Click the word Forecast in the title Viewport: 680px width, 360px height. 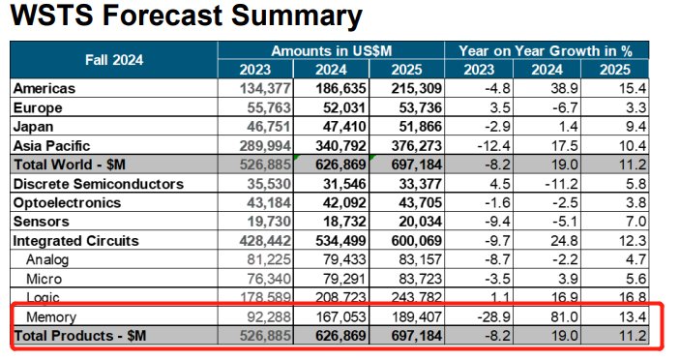pyautogui.click(x=163, y=15)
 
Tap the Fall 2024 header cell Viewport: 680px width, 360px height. pyautogui.click(x=114, y=60)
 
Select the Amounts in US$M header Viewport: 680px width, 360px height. pyautogui.click(x=332, y=50)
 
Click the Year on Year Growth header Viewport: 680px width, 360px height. pyautogui.click(x=546, y=50)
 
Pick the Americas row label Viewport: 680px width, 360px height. pyautogui.click(x=44, y=88)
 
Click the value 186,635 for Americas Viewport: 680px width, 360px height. pyautogui.click(x=340, y=88)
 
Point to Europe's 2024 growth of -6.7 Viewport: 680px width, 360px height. pyautogui.click(x=564, y=107)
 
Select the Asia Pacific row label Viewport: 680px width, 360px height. pyautogui.click(x=51, y=146)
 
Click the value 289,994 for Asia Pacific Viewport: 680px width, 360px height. pyautogui.click(x=265, y=146)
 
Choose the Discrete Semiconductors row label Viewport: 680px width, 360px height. pyautogui.click(x=99, y=184)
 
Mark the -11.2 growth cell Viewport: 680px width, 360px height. pyautogui.click(x=561, y=184)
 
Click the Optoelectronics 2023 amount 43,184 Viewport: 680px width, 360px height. pyautogui.click(x=269, y=202)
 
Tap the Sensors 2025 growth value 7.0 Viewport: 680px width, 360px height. pyautogui.click(x=636, y=222)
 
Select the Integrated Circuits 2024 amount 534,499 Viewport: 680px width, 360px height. pyautogui.click(x=340, y=241)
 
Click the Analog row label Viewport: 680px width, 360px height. pyautogui.click(x=47, y=259)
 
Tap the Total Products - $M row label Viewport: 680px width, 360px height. pyautogui.click(x=80, y=336)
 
